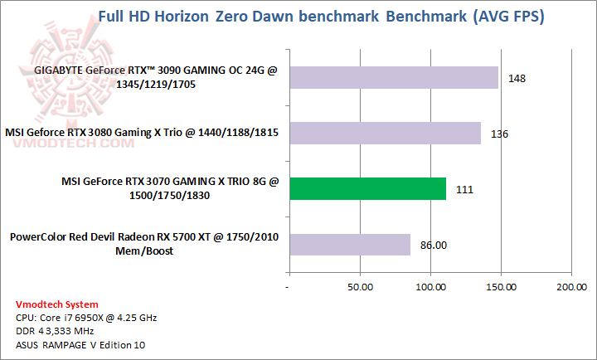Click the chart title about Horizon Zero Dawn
[x=321, y=17]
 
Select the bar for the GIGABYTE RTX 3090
[x=393, y=78]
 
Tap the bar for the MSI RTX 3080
[x=385, y=133]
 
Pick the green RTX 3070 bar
[x=367, y=188]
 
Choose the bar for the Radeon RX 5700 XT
[x=349, y=244]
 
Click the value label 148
[x=518, y=78]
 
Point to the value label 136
[x=500, y=133]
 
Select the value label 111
[x=464, y=188]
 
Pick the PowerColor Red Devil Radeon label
[x=144, y=244]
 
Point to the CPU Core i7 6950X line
[x=85, y=317]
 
